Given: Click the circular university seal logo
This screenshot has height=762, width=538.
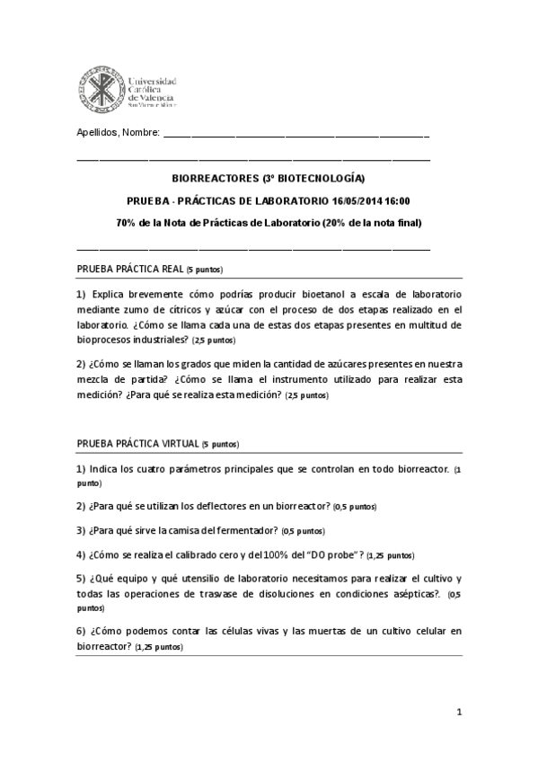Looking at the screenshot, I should (101, 85).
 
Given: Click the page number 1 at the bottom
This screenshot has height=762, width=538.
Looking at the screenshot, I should (458, 713).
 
